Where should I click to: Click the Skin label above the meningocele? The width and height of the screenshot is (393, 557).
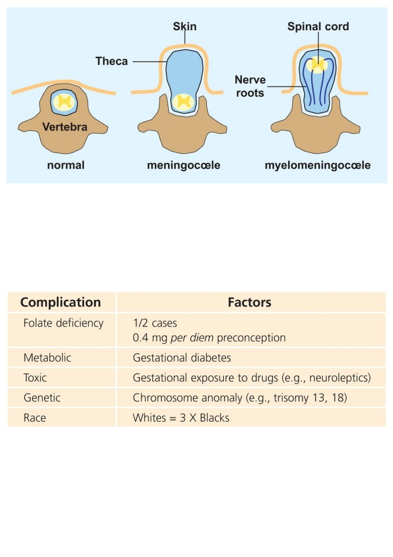tap(184, 26)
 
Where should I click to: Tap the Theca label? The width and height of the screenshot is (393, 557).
tap(111, 61)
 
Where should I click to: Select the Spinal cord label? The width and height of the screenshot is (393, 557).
tap(318, 26)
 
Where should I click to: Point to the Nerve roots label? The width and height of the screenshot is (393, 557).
tap(250, 86)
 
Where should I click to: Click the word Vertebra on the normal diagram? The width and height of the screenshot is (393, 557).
tap(64, 127)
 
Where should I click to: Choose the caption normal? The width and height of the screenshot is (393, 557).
tap(65, 165)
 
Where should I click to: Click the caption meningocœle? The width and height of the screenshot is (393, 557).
tap(184, 165)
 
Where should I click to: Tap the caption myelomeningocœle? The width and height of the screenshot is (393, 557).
tap(318, 165)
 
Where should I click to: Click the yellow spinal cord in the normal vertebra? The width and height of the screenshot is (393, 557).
tap(64, 102)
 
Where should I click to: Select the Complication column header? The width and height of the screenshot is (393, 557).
tap(61, 302)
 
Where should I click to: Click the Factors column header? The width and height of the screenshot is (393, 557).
tap(250, 302)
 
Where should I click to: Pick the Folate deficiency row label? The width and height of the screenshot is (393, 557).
tap(63, 323)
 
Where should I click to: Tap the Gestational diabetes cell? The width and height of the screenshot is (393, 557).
tap(182, 357)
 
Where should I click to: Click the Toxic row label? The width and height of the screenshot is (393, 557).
tap(35, 378)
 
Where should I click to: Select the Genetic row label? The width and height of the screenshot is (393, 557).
tap(42, 397)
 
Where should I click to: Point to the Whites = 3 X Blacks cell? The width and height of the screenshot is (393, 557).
tap(181, 418)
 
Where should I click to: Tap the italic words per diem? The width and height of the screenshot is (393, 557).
tap(192, 338)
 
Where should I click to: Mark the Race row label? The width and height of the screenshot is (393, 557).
tap(35, 418)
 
